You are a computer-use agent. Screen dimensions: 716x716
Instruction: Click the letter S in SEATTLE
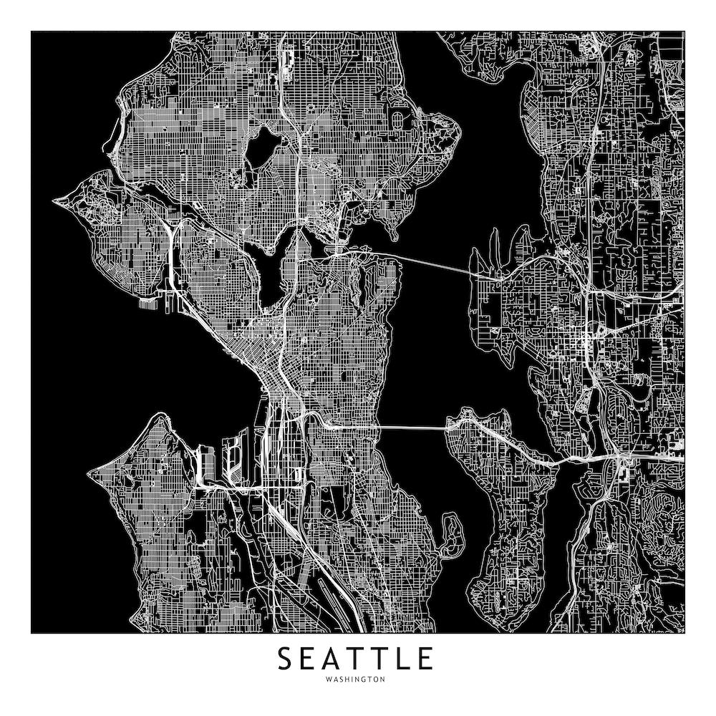pos(285,659)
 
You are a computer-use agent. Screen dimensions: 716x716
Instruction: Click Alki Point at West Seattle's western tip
pos(90,473)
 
